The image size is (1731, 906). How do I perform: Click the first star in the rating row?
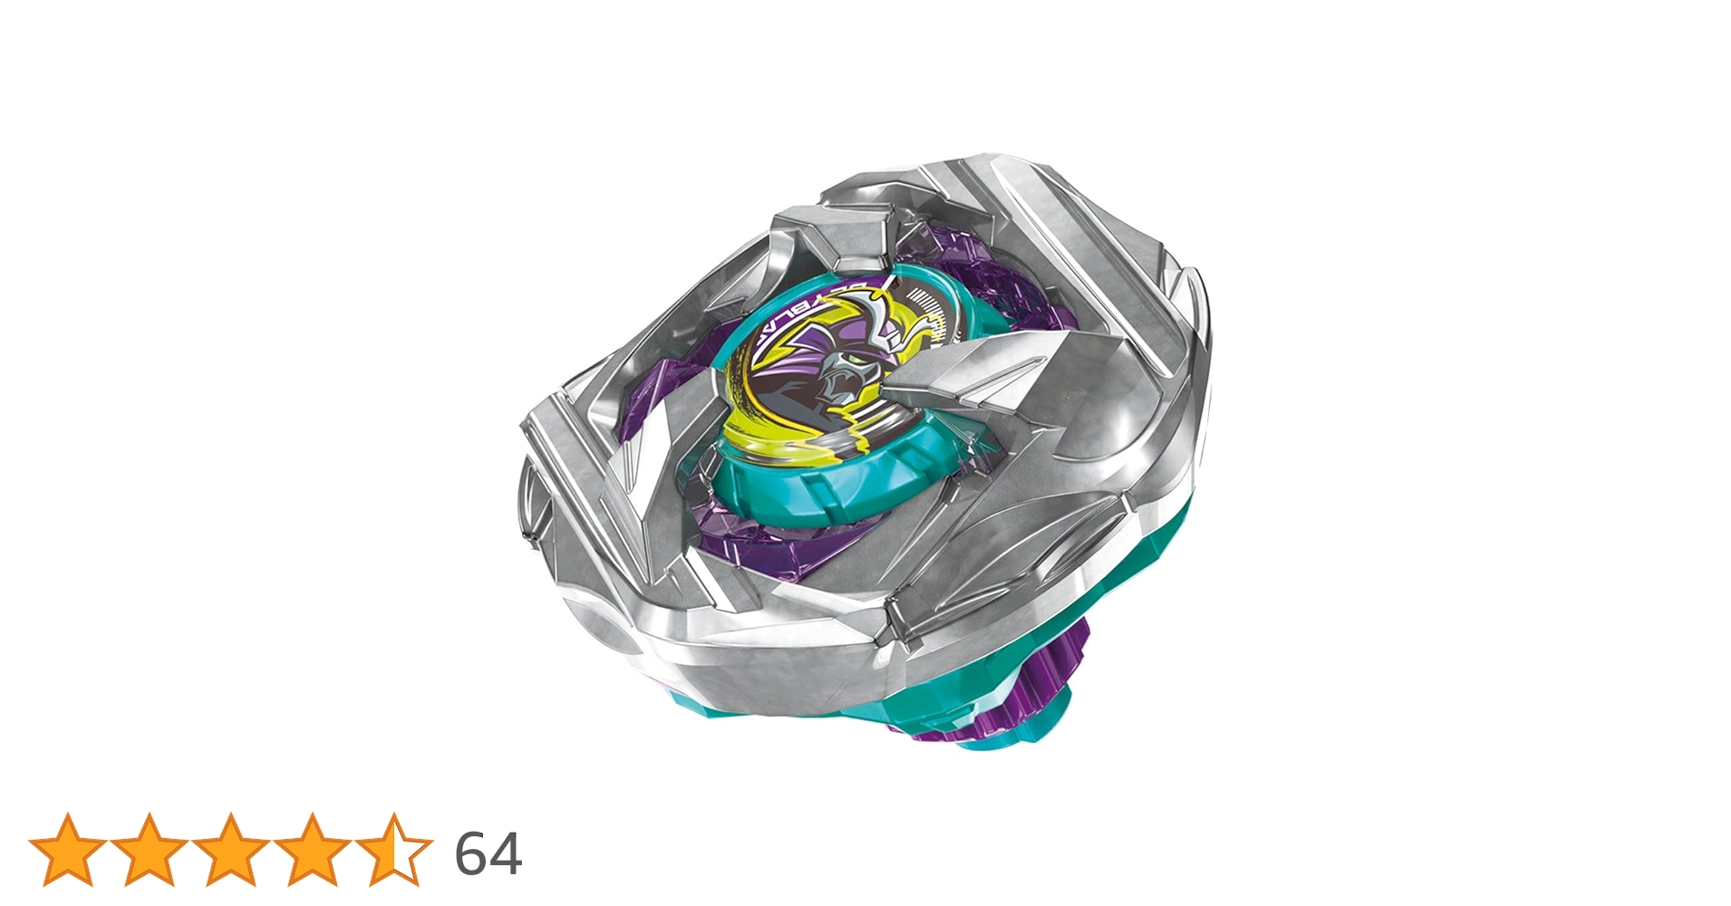click(x=68, y=849)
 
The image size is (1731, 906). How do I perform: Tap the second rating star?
click(x=150, y=849)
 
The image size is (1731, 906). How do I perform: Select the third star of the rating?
click(x=231, y=849)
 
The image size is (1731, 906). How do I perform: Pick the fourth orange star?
click(x=313, y=849)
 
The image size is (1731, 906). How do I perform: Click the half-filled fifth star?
click(x=394, y=849)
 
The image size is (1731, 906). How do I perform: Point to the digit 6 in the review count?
click(x=471, y=853)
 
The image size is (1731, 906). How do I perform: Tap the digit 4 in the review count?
click(x=506, y=853)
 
